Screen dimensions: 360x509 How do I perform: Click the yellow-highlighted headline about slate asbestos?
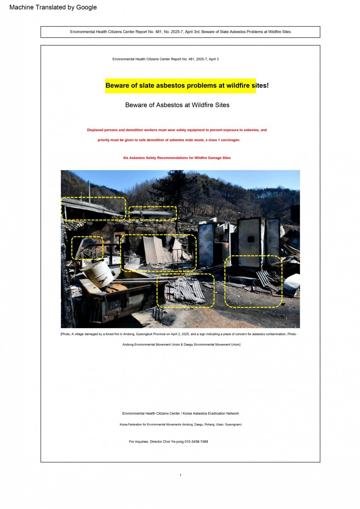coord(187,85)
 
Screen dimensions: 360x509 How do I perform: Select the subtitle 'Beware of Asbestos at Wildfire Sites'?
coord(177,105)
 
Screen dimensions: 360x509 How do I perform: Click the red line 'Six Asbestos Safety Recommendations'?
coord(177,158)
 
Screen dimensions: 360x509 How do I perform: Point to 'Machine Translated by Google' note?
coord(53,7)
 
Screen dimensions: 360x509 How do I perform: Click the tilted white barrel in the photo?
coord(98,274)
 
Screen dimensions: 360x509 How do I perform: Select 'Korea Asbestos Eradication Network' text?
coord(211,413)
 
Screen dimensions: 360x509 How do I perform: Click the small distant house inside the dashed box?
coord(152,215)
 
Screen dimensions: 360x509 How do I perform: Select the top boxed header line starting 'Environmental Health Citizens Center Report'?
coord(180,32)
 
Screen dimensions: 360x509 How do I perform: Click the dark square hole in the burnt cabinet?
coord(250,239)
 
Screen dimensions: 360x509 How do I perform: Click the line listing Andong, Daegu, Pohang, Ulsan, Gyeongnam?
coord(180,424)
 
